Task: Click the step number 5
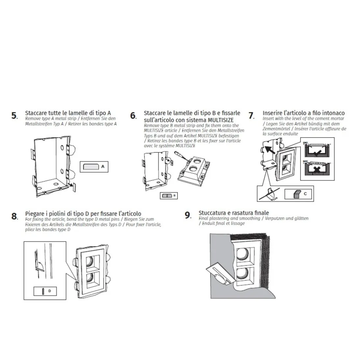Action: [x=14, y=116]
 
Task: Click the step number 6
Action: [x=133, y=116]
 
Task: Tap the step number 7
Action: [x=251, y=116]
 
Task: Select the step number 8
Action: [x=14, y=216]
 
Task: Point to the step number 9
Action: [x=188, y=216]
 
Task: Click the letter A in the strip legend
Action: [x=103, y=167]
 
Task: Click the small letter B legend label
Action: [x=174, y=195]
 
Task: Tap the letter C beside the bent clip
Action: [x=305, y=194]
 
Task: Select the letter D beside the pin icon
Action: [x=50, y=291]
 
